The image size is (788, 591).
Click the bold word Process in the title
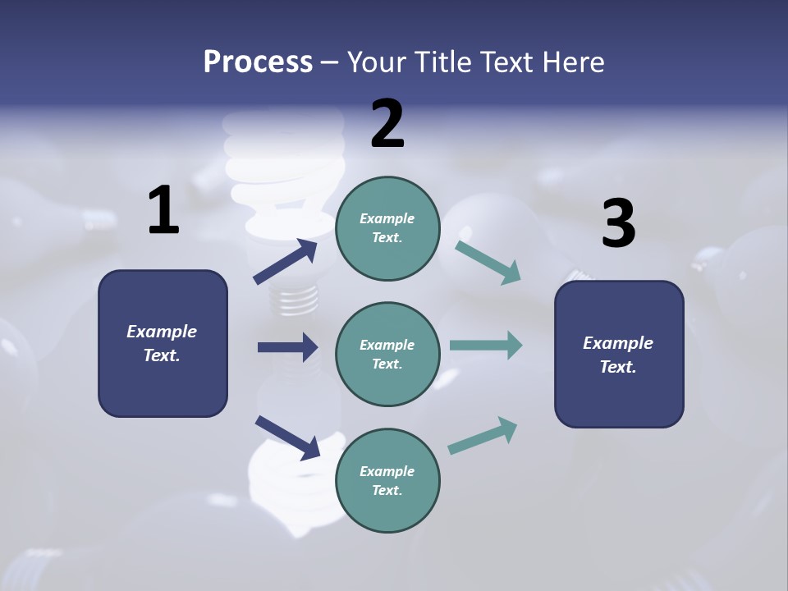258,62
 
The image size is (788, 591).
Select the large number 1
163,211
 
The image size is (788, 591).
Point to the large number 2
387,124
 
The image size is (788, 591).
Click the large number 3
618,224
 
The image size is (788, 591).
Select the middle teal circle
387,354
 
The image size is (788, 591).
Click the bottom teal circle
387,480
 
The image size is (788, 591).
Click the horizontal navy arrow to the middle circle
287,347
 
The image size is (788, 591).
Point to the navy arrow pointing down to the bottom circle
287,438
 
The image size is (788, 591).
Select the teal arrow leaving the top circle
488,263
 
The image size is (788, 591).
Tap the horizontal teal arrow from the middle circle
486,346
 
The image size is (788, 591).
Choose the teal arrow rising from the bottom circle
483,436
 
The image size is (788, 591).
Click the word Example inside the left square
162,332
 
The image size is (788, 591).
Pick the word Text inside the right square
617,367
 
